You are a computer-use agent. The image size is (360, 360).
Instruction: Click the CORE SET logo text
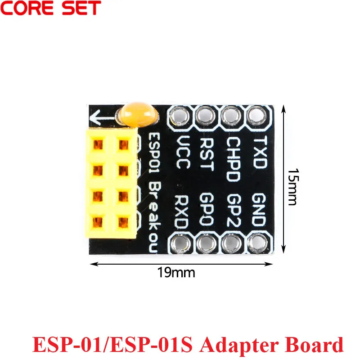(x=51, y=8)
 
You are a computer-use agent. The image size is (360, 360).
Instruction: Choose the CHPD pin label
(x=233, y=159)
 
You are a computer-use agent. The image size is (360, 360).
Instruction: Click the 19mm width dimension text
(x=170, y=272)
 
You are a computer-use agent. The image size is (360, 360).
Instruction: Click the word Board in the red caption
(x=315, y=345)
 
